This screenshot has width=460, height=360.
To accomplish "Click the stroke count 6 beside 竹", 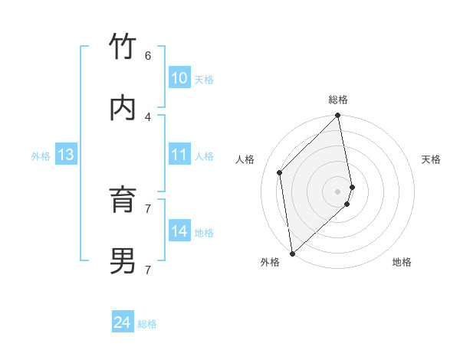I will [x=148, y=55].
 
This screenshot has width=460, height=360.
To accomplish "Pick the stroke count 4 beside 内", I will [x=148, y=116].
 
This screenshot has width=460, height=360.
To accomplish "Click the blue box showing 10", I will [x=179, y=78].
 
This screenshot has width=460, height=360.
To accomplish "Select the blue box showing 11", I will [x=179, y=155].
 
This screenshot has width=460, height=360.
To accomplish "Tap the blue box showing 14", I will [x=179, y=231].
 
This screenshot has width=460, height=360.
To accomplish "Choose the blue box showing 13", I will [x=65, y=155].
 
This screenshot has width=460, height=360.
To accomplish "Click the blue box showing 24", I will [x=123, y=322].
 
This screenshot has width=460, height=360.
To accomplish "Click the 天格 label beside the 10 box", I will [x=204, y=79].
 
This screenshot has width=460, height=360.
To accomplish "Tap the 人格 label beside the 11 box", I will [x=204, y=155].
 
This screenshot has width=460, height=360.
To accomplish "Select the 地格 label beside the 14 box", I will [x=204, y=232].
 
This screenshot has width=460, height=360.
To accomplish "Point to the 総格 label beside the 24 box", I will [x=147, y=324].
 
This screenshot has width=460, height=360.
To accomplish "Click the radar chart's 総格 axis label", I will [x=338, y=100].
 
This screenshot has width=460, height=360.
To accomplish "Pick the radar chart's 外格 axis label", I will [x=270, y=262].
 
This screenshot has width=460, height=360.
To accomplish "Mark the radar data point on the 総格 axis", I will [x=338, y=116].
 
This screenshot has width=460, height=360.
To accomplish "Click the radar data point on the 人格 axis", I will [x=280, y=172].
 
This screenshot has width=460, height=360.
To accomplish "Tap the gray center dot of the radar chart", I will [x=338, y=191].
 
